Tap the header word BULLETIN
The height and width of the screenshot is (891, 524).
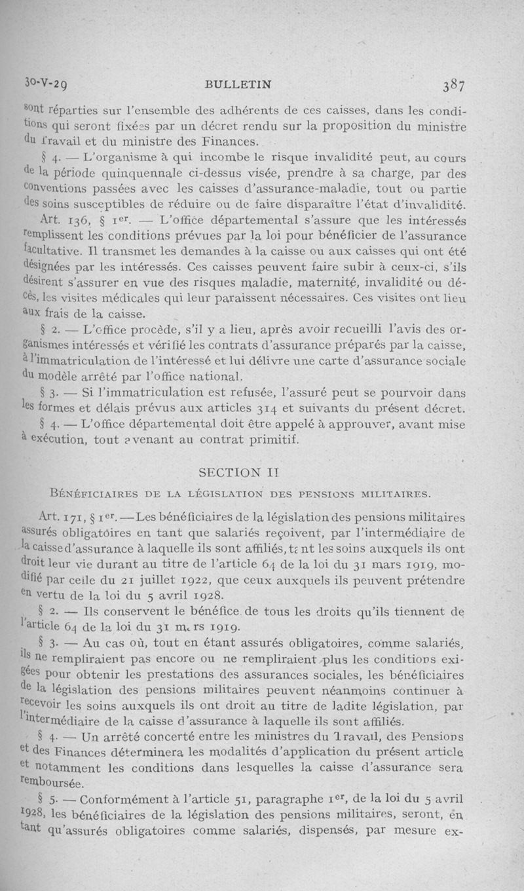coord(238,85)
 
